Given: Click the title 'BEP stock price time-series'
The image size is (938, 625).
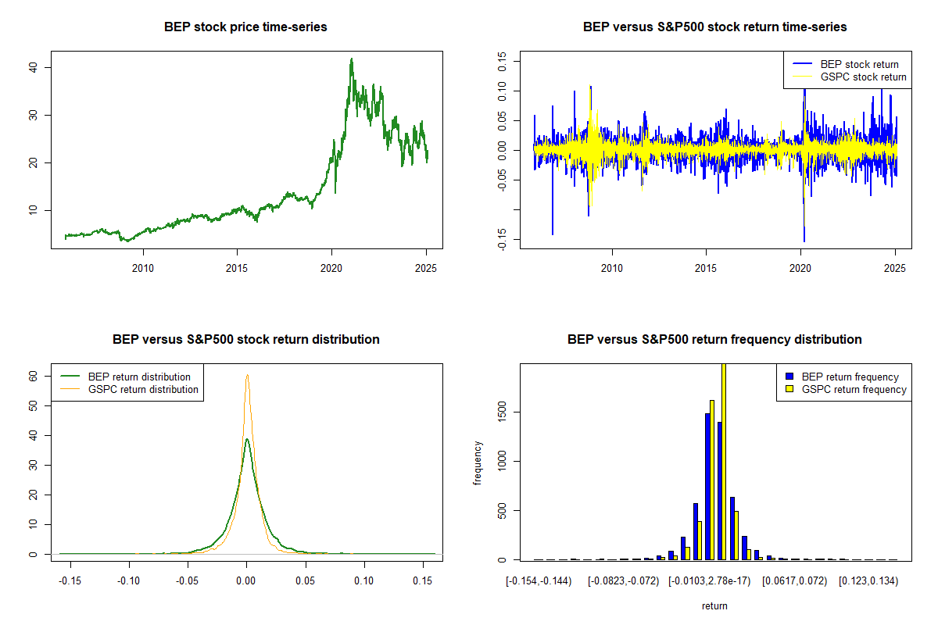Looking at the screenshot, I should pyautogui.click(x=245, y=27).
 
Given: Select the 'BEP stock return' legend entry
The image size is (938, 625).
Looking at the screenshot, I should pyautogui.click(x=859, y=64).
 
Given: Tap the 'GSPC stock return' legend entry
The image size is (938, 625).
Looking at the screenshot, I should pyautogui.click(x=863, y=77).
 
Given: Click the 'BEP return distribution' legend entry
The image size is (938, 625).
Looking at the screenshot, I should pyautogui.click(x=139, y=377).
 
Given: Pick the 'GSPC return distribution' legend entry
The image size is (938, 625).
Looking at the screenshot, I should pyautogui.click(x=143, y=389).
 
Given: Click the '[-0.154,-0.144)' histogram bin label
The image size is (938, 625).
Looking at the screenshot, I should pyautogui.click(x=539, y=580).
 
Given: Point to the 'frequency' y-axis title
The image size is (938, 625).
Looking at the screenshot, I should pyautogui.click(x=478, y=462).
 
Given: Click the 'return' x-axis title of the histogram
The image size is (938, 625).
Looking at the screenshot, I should pyautogui.click(x=714, y=605).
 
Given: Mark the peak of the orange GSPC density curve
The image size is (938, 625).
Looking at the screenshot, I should pyautogui.click(x=247, y=375).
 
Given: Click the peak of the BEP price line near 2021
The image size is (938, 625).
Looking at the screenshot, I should pyautogui.click(x=352, y=59).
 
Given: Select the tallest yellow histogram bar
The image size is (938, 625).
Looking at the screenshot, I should pyautogui.click(x=723, y=461).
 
